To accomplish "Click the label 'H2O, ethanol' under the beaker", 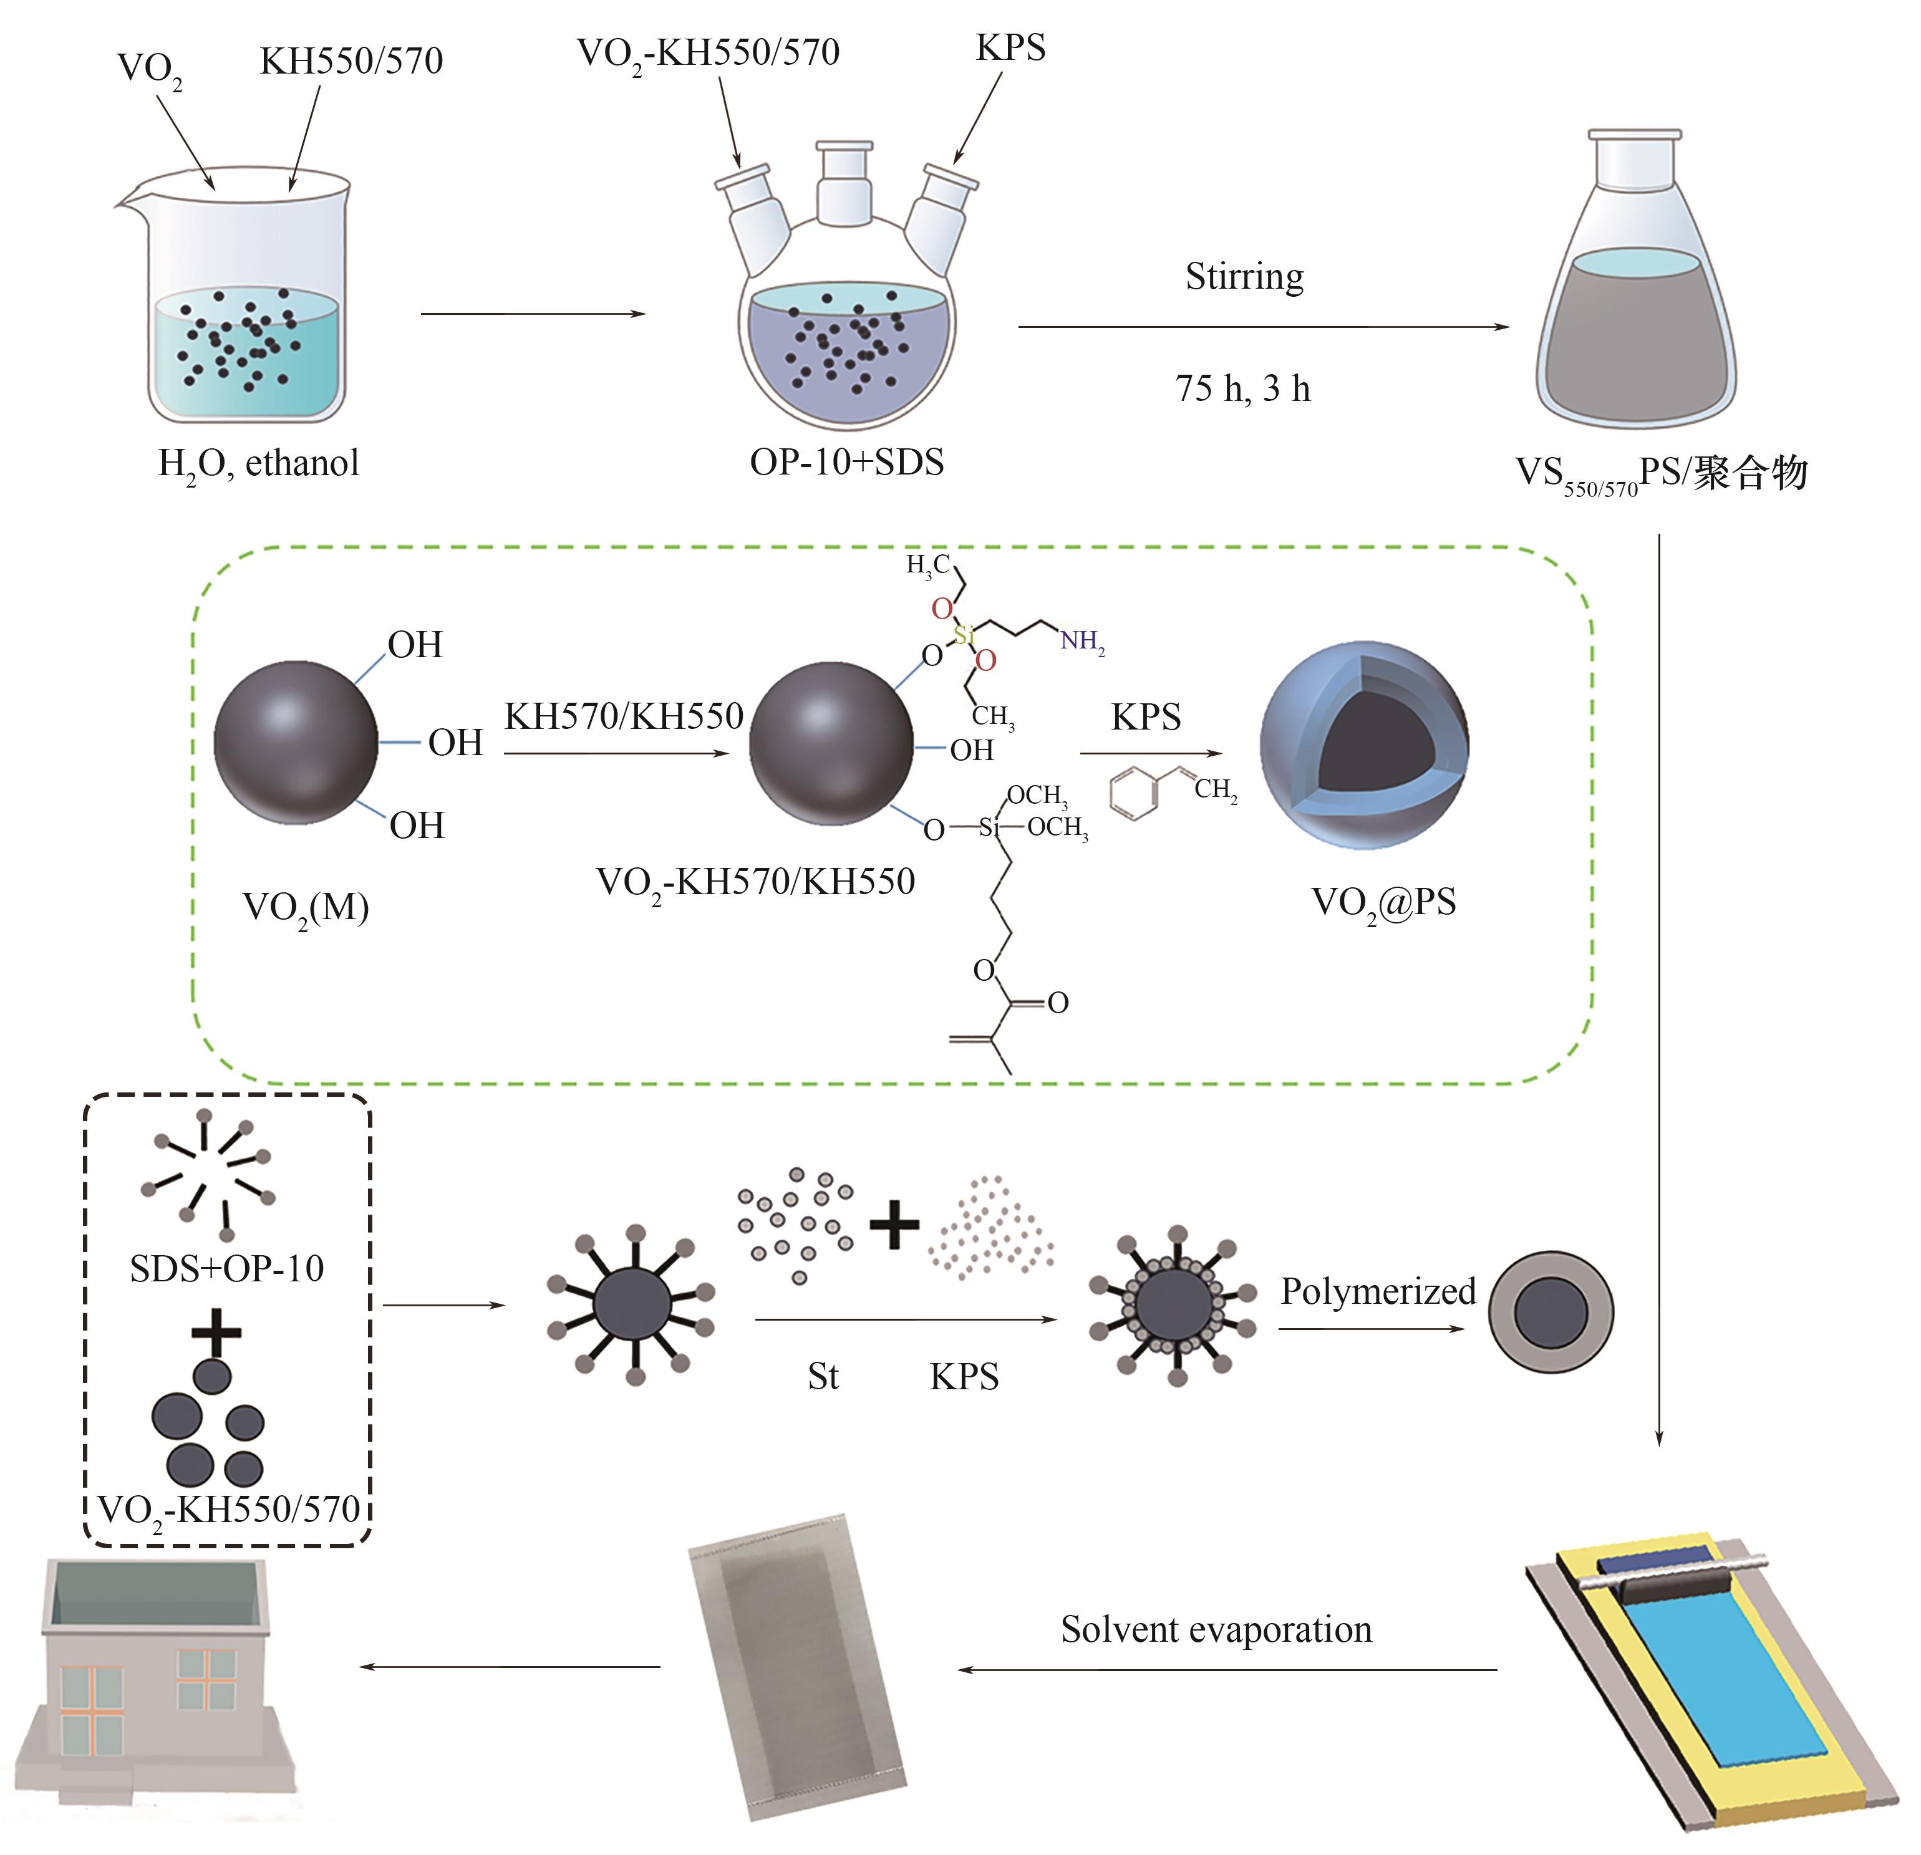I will coord(259,463).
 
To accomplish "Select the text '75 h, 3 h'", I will coord(1243,389).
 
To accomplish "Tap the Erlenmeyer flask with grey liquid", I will coord(1634,294).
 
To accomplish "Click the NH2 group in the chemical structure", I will coord(1082,642).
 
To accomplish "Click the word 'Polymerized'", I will coord(1377,1291).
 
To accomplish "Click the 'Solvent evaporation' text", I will coord(1216,1630).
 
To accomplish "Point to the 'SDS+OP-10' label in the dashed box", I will coord(226,1269).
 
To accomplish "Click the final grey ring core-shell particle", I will coord(1551,1312).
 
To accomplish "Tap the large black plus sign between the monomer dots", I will coord(894,1225).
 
